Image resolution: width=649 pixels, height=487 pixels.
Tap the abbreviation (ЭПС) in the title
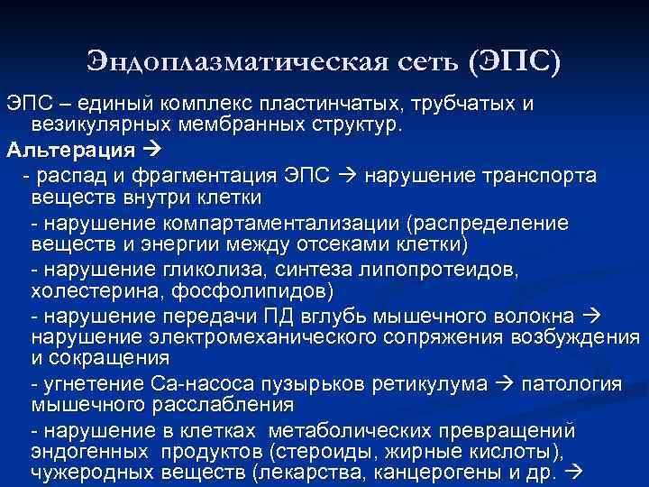pyautogui.click(x=514, y=60)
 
